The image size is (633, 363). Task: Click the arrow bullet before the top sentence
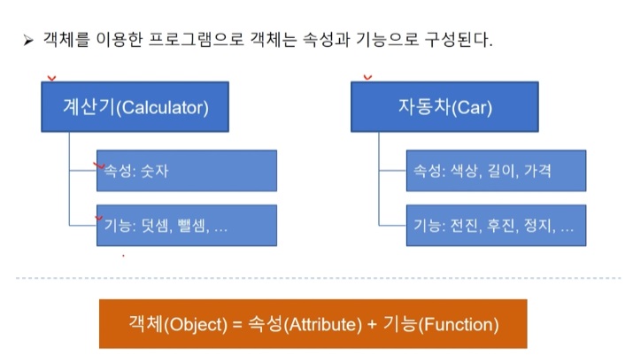pos(28,41)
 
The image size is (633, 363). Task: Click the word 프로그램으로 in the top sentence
pos(197,40)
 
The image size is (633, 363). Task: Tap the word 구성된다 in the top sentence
pos(459,40)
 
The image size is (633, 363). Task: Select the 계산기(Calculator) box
pos(135,107)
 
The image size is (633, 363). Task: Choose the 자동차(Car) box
pos(444,107)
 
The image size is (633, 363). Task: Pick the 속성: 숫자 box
pos(187,171)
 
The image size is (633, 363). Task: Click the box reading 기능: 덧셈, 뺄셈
pos(187,225)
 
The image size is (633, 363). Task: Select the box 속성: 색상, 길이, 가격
pos(496,171)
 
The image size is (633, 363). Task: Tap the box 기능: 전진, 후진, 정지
pos(496,225)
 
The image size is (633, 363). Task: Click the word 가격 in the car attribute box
pos(537,171)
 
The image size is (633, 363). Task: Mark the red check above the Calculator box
pos(51,78)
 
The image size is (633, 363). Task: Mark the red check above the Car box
pos(367,77)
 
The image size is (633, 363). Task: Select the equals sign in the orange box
pos(237,325)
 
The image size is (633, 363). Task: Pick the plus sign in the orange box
pos(372,325)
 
